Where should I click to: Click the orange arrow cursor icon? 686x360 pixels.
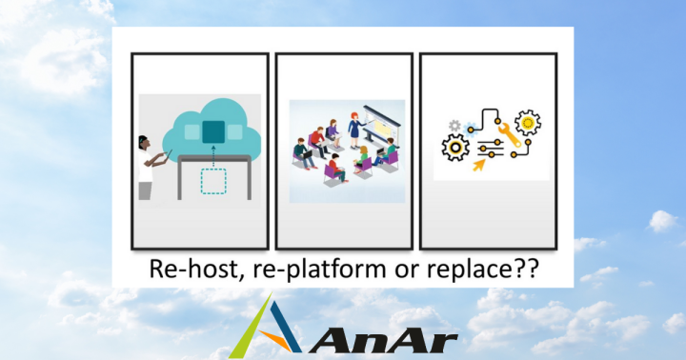pyautogui.click(x=478, y=163)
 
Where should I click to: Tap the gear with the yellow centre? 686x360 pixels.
pyautogui.click(x=527, y=123)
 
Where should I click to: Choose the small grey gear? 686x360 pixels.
pyautogui.click(x=454, y=125)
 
